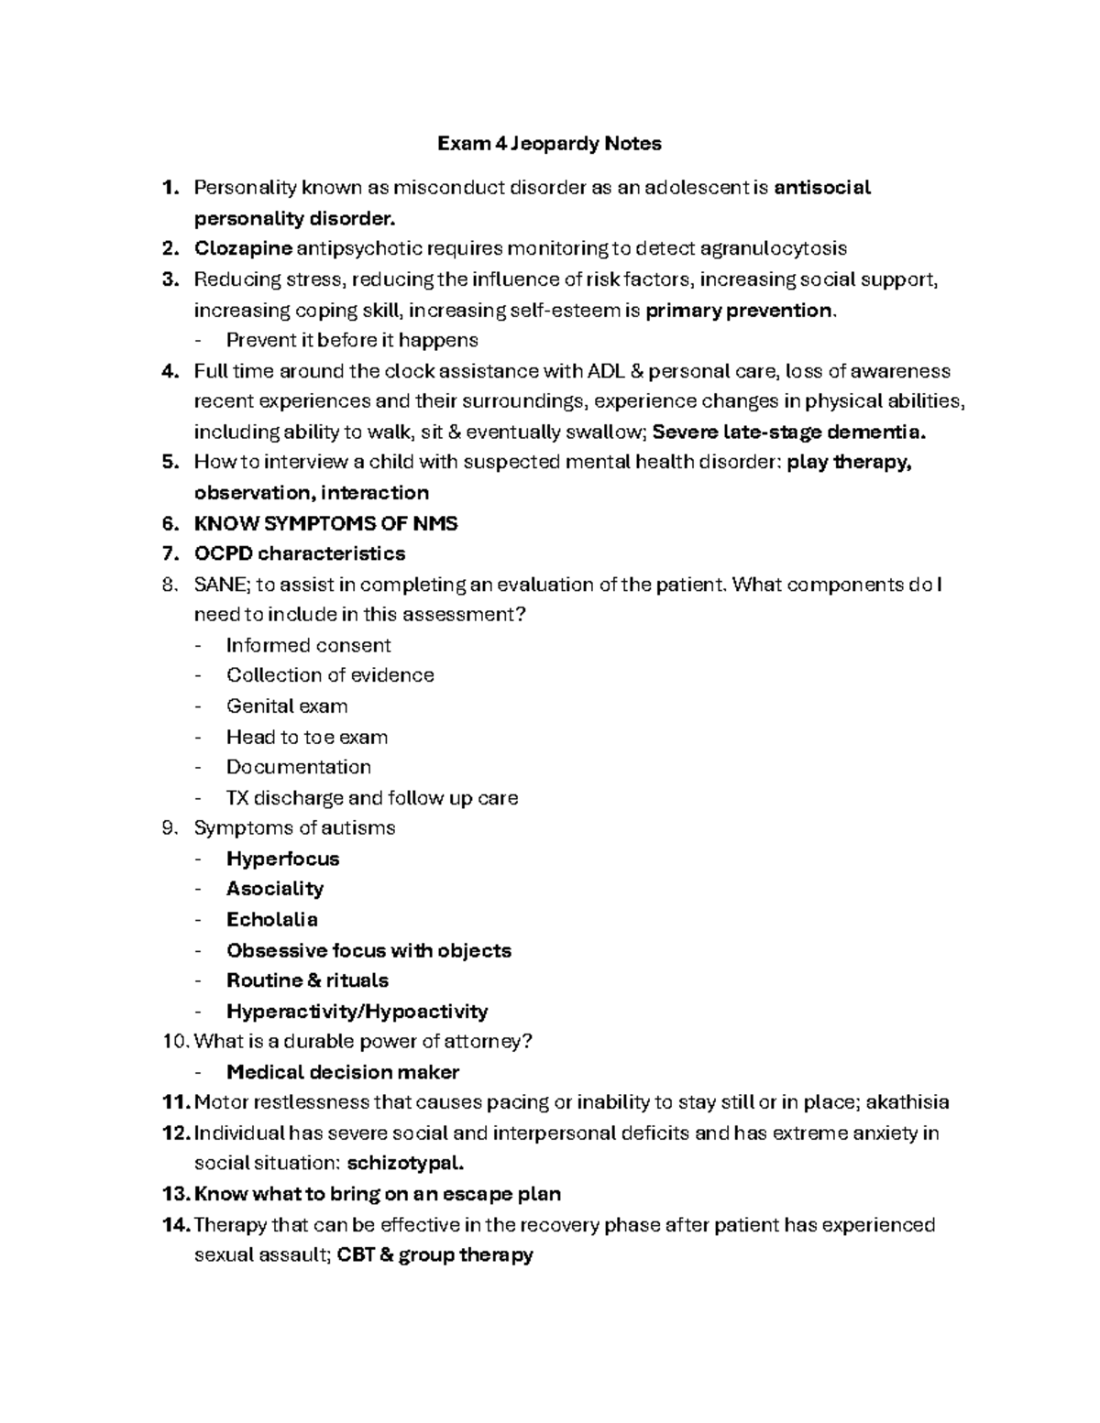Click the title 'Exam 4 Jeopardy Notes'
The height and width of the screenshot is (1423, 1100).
tap(549, 144)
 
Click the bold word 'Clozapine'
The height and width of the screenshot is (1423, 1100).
tap(243, 248)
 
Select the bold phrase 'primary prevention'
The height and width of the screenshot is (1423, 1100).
tap(740, 311)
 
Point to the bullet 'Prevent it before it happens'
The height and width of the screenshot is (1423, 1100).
tap(352, 341)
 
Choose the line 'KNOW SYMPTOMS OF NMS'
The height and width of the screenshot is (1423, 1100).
tap(325, 524)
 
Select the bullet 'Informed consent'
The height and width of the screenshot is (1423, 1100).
tap(309, 645)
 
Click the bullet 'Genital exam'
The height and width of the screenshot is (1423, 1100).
tap(287, 706)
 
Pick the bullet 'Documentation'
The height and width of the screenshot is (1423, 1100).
tap(299, 767)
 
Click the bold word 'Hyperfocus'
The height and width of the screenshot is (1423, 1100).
tap(282, 859)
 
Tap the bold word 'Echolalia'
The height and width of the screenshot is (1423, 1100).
tap(272, 919)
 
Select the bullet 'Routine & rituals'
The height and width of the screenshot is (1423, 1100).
tap(307, 980)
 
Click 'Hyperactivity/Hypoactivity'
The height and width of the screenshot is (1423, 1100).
tap(357, 1012)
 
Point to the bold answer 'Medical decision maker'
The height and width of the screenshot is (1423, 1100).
tap(343, 1072)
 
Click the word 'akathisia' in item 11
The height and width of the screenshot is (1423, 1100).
tap(907, 1102)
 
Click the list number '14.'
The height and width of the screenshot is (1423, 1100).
tap(175, 1225)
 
